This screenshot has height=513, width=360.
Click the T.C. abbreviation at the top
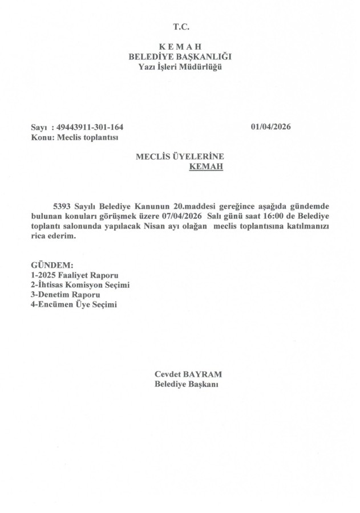pos(180,27)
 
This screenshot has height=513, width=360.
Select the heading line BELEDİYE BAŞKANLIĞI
pos(180,56)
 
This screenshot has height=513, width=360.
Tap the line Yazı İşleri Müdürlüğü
pos(180,67)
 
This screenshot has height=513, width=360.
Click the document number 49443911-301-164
pos(91,127)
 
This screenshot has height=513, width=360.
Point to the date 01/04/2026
pos(270,127)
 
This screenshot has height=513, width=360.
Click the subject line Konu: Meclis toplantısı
pos(75,137)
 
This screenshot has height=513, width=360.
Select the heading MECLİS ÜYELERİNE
pos(180,157)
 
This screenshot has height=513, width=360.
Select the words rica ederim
pos(53,237)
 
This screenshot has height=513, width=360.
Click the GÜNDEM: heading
pos(52,265)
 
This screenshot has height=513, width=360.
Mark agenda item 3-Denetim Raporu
pos(66,295)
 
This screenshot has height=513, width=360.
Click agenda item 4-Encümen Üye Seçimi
pos(74,304)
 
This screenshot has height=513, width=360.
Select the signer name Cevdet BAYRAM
pos(188,374)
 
